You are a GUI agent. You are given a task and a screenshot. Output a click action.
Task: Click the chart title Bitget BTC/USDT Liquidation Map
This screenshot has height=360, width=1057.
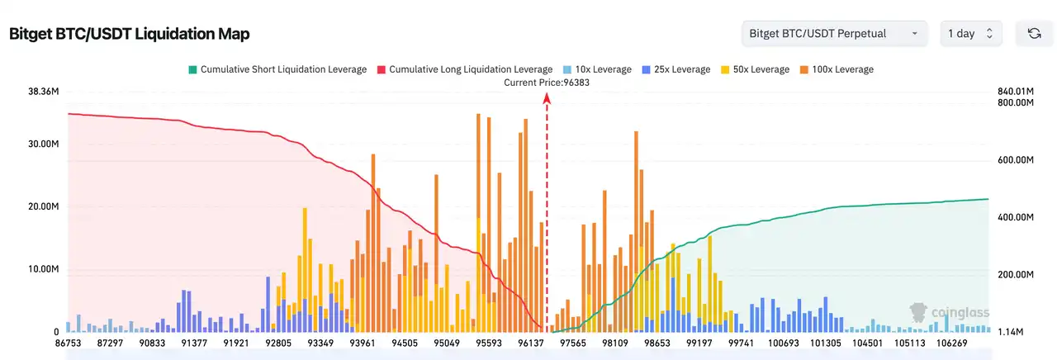tap(129, 34)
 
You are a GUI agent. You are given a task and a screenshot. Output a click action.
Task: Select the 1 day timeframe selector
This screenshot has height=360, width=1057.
tap(970, 34)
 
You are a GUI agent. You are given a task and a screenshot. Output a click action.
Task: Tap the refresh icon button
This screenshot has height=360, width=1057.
tap(1033, 34)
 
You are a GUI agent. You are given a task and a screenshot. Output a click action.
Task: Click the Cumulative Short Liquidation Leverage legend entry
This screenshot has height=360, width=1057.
tap(277, 69)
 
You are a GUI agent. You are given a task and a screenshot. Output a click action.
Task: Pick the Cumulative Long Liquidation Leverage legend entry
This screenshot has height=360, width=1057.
tap(464, 69)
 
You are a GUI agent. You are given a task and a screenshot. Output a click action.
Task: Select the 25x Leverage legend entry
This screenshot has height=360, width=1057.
tap(675, 69)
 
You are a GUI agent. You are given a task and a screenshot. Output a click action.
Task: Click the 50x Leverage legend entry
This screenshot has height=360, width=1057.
tap(755, 69)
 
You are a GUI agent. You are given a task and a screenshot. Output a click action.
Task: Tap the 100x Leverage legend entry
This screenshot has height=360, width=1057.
tap(837, 69)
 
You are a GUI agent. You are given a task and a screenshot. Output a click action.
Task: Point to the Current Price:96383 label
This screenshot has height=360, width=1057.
tap(547, 82)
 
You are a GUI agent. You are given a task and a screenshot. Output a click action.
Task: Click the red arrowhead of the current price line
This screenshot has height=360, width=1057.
tap(547, 98)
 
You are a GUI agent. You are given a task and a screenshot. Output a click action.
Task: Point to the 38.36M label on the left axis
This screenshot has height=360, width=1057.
tap(43, 91)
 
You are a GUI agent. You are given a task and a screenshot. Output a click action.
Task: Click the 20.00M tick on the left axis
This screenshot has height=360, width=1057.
tap(43, 206)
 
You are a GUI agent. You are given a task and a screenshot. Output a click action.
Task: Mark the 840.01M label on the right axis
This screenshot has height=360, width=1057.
tap(1015, 91)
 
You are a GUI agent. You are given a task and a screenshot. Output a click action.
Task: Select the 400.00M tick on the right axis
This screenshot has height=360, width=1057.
tap(1015, 217)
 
